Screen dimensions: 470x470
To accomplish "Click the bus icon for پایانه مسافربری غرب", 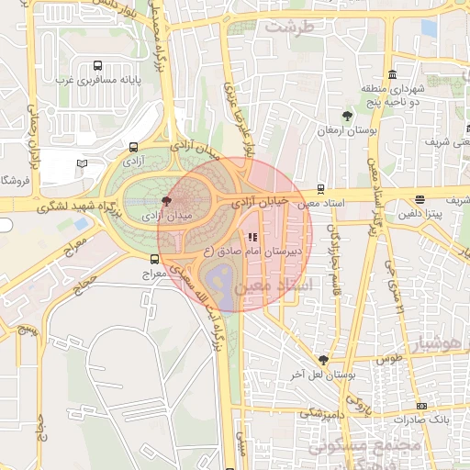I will pyautogui.click(x=97, y=66).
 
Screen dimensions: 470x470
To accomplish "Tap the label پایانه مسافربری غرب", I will pyautogui.click(x=97, y=81).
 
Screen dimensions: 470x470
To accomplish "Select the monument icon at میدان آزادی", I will pyautogui.click(x=166, y=200).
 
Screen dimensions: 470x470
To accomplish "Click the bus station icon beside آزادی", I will pyautogui.click(x=134, y=147).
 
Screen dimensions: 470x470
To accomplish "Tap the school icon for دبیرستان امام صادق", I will pyautogui.click(x=253, y=237).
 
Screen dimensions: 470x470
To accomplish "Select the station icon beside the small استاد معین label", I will pyautogui.click(x=319, y=189).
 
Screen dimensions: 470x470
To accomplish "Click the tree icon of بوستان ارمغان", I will pyautogui.click(x=346, y=116).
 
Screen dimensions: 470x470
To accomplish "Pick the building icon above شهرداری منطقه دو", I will pyautogui.click(x=393, y=74).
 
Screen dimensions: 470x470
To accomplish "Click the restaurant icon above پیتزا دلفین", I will pyautogui.click(x=420, y=199).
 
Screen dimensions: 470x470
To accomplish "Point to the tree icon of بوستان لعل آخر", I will pyautogui.click(x=322, y=359).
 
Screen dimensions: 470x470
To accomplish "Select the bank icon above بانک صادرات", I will pyautogui.click(x=421, y=406).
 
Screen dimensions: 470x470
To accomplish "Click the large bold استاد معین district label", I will pyautogui.click(x=274, y=287).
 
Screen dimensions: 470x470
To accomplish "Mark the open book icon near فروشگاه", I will pyautogui.click(x=83, y=163).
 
